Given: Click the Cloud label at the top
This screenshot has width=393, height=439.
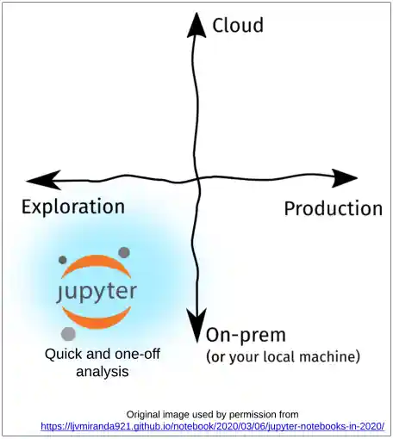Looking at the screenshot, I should [x=238, y=25].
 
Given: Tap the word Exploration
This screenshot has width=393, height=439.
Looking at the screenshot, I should [x=73, y=207].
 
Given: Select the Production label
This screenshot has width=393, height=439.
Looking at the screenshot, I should [x=333, y=208].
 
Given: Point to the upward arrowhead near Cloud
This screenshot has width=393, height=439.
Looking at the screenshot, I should [x=197, y=25].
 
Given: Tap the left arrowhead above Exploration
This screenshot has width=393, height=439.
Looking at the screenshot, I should [x=41, y=180].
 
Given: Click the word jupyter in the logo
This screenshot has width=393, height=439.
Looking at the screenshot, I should [x=96, y=290].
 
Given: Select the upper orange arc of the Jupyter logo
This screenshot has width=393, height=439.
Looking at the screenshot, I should [x=96, y=264].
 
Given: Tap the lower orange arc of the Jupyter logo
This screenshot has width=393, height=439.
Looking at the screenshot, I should [x=96, y=318].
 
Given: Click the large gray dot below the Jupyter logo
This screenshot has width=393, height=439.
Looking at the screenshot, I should [x=68, y=333].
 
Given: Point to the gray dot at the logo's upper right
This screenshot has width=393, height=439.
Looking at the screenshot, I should [x=124, y=252].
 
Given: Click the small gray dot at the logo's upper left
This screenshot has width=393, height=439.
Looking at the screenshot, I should [x=62, y=258].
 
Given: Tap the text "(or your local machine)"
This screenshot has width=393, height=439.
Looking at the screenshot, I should [x=283, y=356].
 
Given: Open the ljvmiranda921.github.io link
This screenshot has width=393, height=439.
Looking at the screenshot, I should [x=212, y=426].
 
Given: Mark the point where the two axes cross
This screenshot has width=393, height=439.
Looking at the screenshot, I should [x=198, y=179].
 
